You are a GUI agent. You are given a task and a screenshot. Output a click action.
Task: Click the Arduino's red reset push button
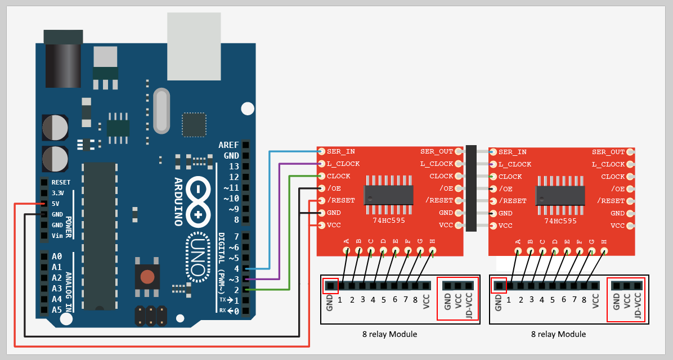click(147, 276)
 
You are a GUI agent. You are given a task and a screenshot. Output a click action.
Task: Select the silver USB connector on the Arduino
click(194, 46)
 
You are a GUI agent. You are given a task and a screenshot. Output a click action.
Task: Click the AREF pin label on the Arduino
click(228, 145)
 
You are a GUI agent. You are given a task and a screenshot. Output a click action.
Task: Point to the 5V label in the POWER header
click(56, 204)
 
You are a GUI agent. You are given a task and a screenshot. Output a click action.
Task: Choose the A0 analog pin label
click(56, 256)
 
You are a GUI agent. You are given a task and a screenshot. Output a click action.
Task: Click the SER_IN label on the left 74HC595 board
click(340, 152)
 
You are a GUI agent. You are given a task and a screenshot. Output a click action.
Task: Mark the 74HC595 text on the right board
click(561, 221)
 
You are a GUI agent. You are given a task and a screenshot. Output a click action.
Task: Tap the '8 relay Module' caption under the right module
click(558, 334)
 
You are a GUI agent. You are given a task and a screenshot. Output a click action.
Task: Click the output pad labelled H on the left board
click(432, 250)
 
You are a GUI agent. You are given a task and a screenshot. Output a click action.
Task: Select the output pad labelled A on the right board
click(518, 250)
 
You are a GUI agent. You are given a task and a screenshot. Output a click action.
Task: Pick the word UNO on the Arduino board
click(196, 256)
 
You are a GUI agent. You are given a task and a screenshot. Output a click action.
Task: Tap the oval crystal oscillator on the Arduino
click(161, 111)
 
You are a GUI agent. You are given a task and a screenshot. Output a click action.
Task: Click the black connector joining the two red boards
click(471, 188)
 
